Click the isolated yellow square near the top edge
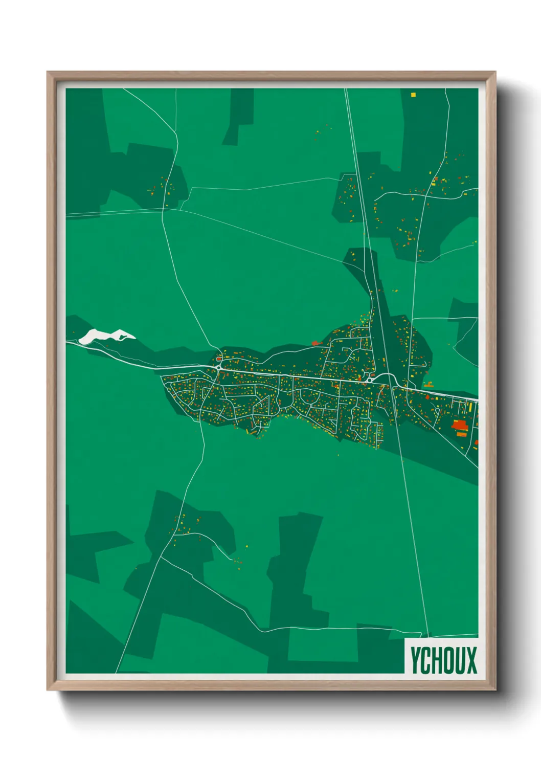tap(413, 95)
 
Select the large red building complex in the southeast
tap(459, 425)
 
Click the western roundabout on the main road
tap(218, 367)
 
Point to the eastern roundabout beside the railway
tap(369, 380)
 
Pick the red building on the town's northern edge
tap(315, 343)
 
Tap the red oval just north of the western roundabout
tap(219, 359)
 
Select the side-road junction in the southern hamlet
tap(175, 535)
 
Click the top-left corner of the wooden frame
tap(48, 72)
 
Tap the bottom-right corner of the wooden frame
tap(495, 690)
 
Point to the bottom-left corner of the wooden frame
tap(48, 690)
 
